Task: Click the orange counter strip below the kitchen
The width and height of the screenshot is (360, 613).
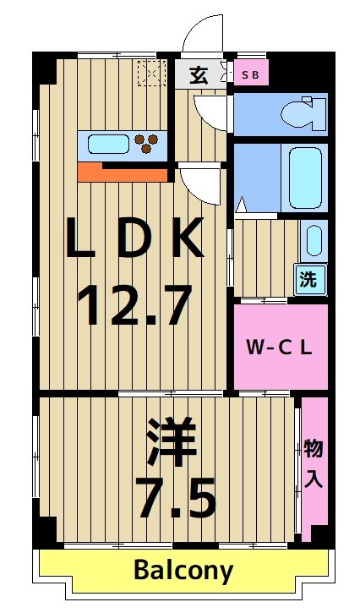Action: [123, 172]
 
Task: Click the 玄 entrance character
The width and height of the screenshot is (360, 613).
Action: [199, 75]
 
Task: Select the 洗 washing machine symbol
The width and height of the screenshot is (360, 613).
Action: [309, 280]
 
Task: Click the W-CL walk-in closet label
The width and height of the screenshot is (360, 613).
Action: [280, 347]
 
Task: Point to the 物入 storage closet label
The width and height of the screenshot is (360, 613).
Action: [314, 463]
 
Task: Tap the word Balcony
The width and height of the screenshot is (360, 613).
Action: [183, 571]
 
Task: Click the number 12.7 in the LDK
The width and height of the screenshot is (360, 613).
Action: [134, 305]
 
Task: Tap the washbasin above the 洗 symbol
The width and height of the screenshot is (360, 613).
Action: [312, 240]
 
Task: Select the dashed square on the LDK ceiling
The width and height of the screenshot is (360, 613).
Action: [153, 74]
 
